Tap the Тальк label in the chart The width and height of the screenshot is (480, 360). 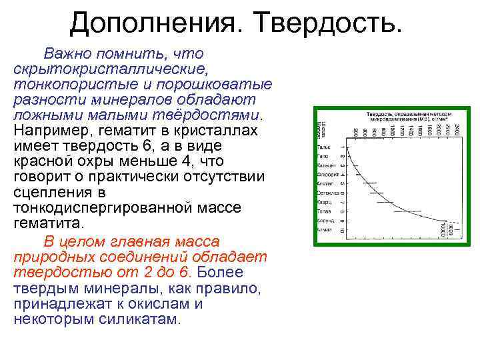(x=324, y=147)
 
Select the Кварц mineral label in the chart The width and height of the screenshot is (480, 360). (x=324, y=201)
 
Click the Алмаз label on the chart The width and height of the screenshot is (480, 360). (x=324, y=229)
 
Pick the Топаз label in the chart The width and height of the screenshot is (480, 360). (x=324, y=211)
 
